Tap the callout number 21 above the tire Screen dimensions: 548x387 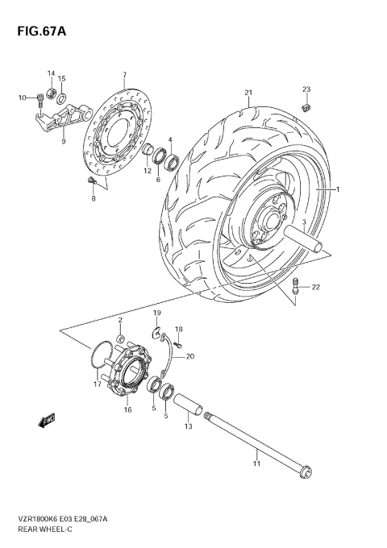[249, 93]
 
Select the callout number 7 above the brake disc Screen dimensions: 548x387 [124, 76]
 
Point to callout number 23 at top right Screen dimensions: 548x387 [306, 89]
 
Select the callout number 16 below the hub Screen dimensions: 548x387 [127, 410]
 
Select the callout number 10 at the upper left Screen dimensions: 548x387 [23, 98]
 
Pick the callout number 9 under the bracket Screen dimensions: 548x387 [63, 141]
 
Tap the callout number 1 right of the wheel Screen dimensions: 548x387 [339, 189]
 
